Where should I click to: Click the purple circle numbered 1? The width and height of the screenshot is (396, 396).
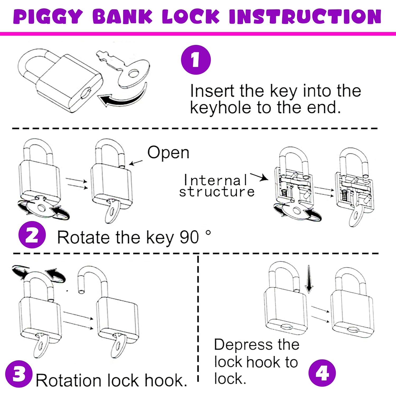[x=196, y=60]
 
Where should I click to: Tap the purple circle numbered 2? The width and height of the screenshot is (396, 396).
[x=32, y=235]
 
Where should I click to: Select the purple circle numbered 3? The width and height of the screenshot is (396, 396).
[x=18, y=374]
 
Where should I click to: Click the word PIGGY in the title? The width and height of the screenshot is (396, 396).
[x=48, y=16]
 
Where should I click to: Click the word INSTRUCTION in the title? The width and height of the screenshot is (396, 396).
[x=305, y=16]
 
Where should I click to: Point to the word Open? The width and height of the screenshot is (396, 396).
[x=168, y=153]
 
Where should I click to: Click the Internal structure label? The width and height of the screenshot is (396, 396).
[x=216, y=186]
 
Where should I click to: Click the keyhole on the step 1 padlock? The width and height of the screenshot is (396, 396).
[x=86, y=93]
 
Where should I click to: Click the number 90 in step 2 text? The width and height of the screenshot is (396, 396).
[x=189, y=237]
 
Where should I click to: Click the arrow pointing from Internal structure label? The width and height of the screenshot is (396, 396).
[x=259, y=177]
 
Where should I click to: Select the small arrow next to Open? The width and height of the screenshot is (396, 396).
[x=136, y=163]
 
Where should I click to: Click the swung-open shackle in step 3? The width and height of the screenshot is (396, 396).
[x=92, y=280]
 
